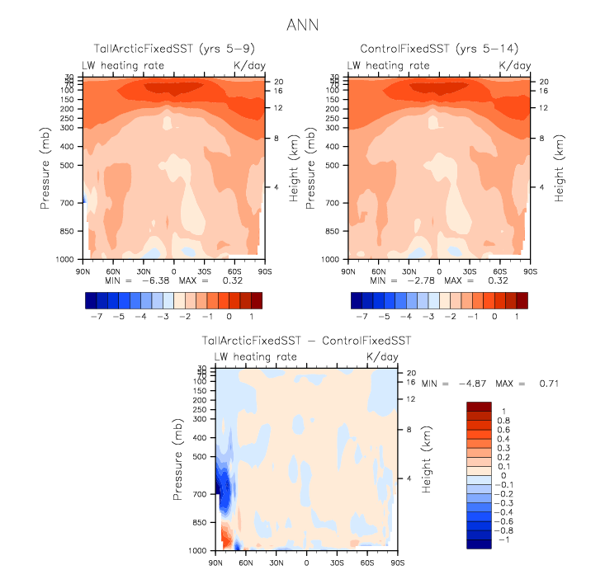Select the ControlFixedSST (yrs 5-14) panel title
click(x=437, y=49)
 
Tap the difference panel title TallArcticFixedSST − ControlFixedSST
click(x=306, y=341)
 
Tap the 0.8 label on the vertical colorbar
click(x=503, y=419)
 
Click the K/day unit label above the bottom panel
click(x=382, y=356)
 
